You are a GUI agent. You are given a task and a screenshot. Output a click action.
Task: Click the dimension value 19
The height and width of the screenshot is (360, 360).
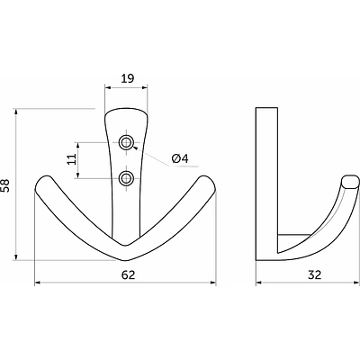pos(128,78)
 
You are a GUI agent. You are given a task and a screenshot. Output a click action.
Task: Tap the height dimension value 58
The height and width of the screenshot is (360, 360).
pos(5,185)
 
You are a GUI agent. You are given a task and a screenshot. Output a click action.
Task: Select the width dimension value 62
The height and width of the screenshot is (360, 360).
pos(129,274)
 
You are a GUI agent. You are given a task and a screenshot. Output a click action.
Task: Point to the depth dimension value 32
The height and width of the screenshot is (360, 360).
pos(315,274)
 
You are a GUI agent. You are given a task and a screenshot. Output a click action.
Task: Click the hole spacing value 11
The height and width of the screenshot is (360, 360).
pos(71,159)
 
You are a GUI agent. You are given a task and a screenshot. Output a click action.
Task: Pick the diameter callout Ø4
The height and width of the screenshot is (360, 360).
pos(180,158)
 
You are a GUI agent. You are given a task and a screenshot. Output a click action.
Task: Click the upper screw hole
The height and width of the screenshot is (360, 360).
pos(126,142)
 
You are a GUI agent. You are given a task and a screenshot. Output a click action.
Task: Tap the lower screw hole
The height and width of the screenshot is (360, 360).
pos(126,178)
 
